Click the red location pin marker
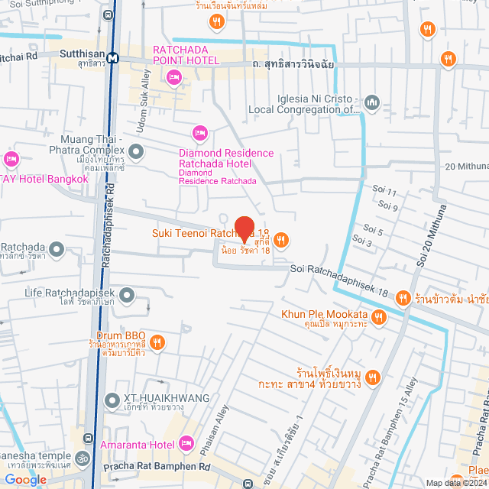(x=244, y=227)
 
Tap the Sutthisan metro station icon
(x=112, y=57)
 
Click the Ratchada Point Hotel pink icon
(x=173, y=76)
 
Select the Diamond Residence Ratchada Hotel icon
(x=200, y=134)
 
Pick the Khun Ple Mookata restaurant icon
(x=380, y=316)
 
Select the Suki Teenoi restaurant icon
(x=281, y=241)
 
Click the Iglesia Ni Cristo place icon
(x=372, y=101)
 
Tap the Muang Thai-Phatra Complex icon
(x=137, y=152)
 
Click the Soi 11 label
(x=387, y=192)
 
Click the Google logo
(x=24, y=479)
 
